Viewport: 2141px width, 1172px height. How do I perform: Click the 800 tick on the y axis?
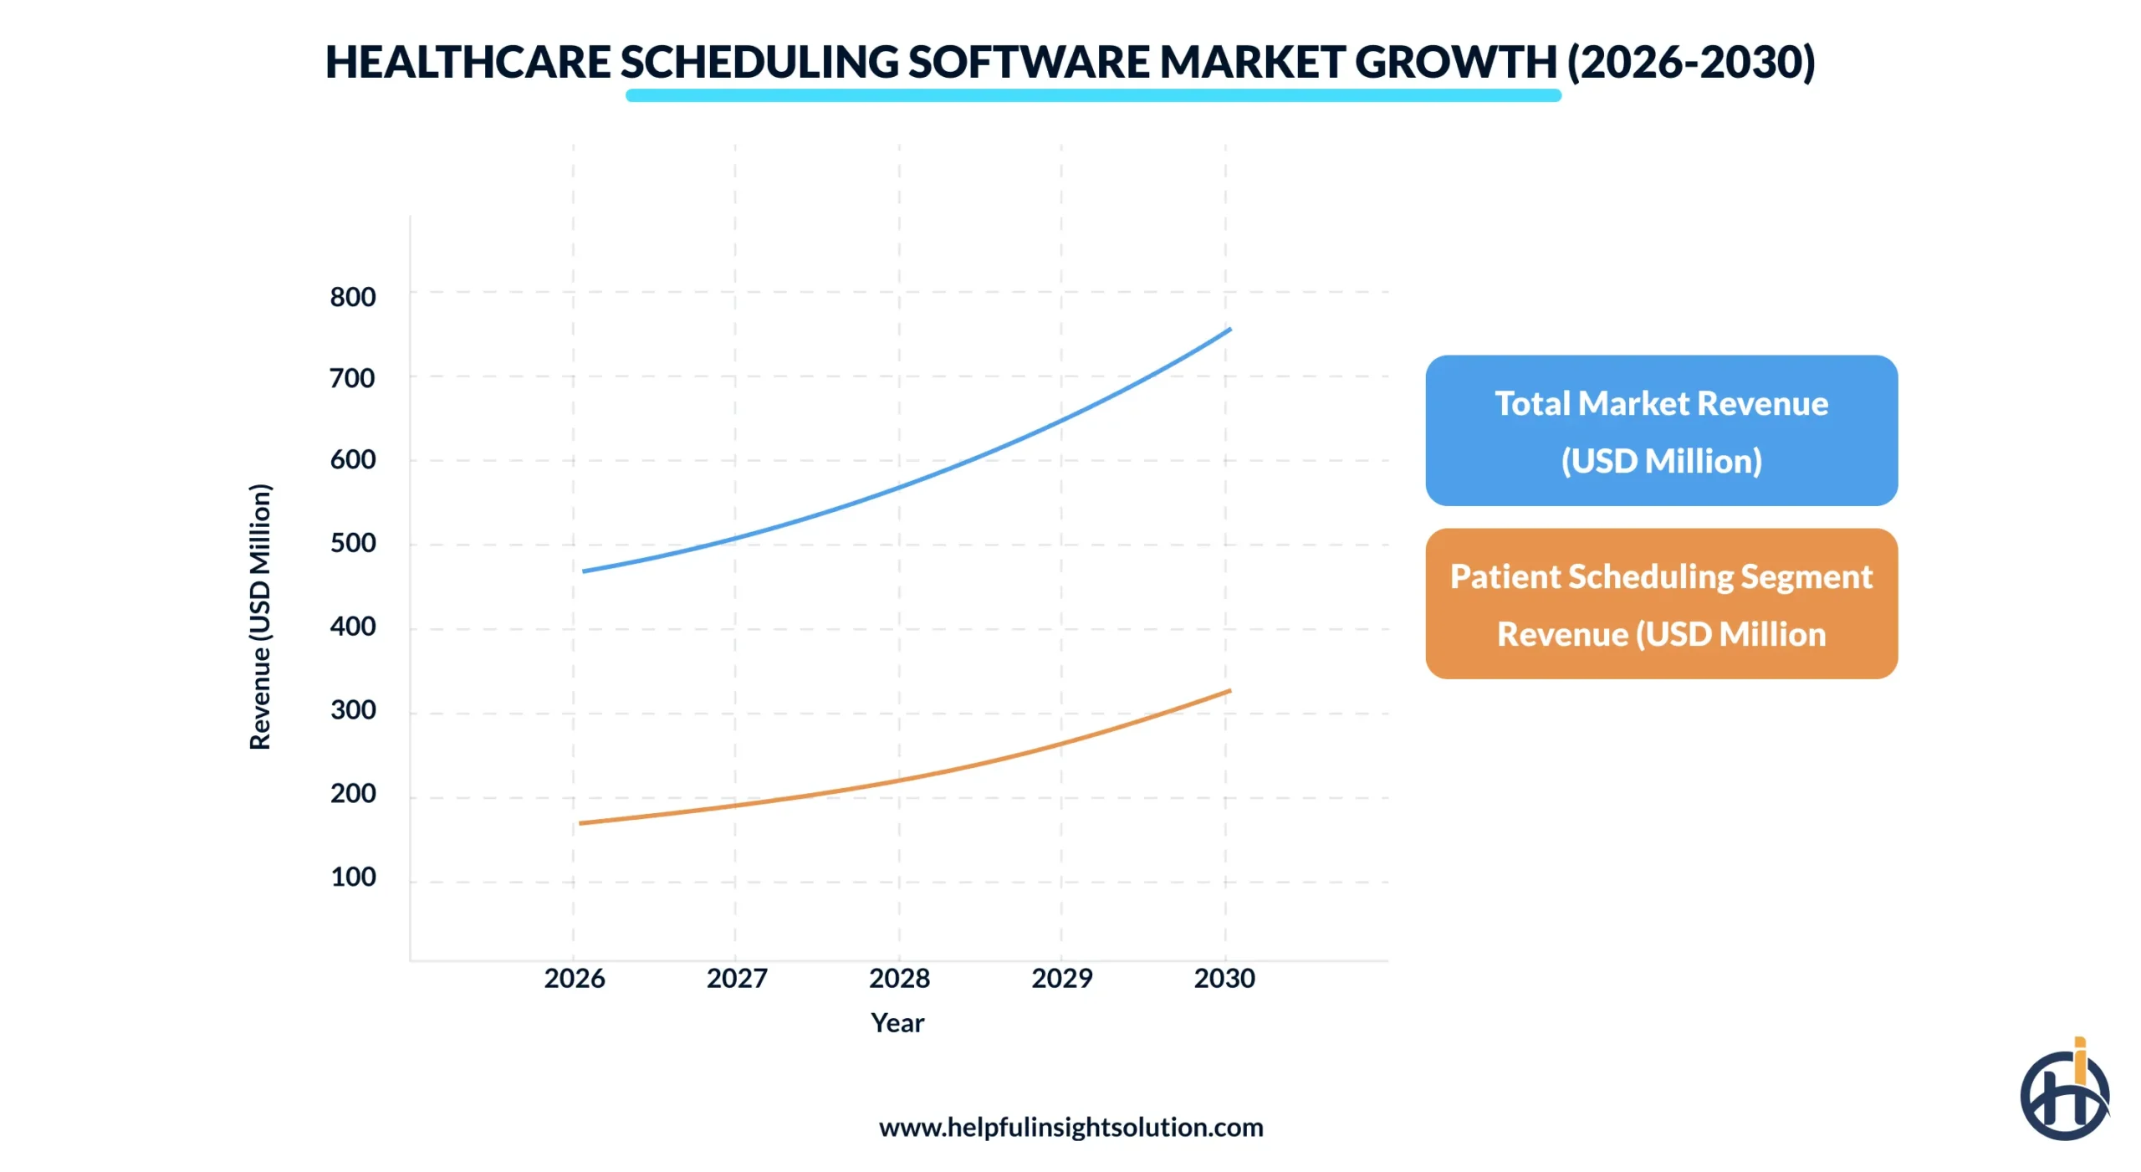tap(352, 297)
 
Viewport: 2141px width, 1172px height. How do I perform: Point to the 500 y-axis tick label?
tap(352, 543)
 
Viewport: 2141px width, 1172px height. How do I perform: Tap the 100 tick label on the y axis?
tap(352, 877)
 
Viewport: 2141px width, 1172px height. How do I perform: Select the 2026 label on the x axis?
tap(574, 978)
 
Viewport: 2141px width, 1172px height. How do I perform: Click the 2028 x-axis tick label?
tap(899, 978)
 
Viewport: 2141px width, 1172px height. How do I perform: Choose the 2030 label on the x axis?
tap(1224, 978)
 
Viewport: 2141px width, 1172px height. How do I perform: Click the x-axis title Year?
tap(897, 1022)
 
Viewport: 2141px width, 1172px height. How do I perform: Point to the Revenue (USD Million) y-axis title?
tap(260, 617)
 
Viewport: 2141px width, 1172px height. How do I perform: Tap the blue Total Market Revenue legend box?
tap(1660, 431)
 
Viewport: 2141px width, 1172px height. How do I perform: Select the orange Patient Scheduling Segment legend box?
tap(1660, 604)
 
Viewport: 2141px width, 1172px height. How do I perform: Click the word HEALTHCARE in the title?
tap(468, 63)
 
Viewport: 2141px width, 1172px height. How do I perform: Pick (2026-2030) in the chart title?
tap(1690, 63)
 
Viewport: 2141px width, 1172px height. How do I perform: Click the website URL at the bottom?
tap(1070, 1127)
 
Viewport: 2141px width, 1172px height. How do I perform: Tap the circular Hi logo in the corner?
tap(2063, 1093)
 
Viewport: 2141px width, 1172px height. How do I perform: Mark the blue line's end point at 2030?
tap(1229, 330)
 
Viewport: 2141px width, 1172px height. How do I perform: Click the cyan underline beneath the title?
tap(1092, 95)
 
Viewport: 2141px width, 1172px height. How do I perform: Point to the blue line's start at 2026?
tap(585, 571)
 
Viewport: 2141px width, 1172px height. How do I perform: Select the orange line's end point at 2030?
tap(1229, 691)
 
